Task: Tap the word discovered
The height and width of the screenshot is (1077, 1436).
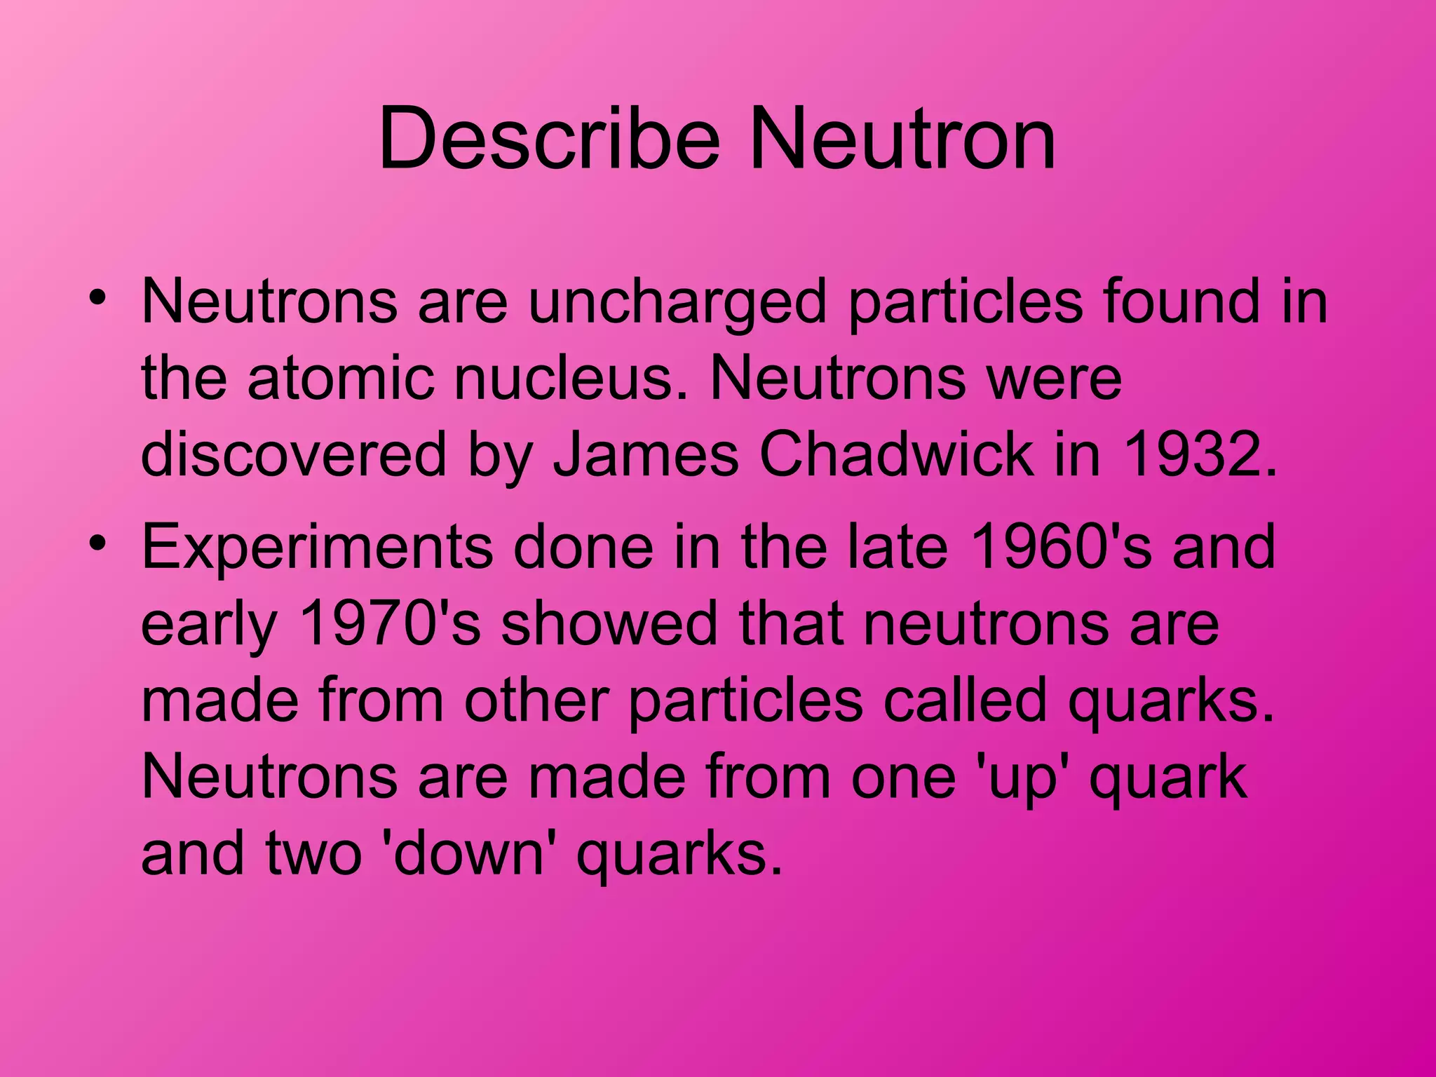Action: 294,454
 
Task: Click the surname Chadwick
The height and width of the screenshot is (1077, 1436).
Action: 895,454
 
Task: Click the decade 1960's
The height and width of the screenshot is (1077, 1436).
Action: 1062,548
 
